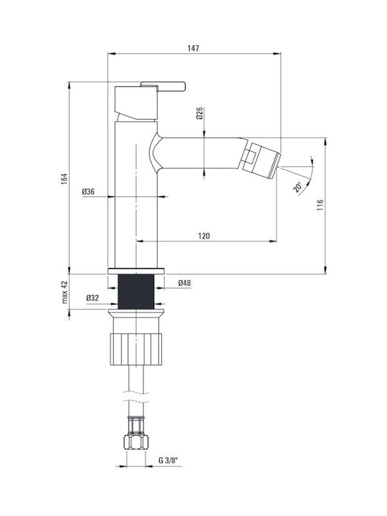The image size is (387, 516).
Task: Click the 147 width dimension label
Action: (193, 49)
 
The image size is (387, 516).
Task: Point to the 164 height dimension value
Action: (64, 178)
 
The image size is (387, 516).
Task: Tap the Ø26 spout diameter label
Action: (199, 113)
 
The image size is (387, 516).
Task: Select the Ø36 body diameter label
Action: (88, 191)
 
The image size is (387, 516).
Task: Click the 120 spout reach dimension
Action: (204, 236)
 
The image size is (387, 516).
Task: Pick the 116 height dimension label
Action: (320, 205)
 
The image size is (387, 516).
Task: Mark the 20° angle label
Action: (298, 186)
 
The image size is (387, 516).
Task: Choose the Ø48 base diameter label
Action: (185, 282)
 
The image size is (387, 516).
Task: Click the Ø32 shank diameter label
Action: (92, 298)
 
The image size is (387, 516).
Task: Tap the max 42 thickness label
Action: (64, 292)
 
